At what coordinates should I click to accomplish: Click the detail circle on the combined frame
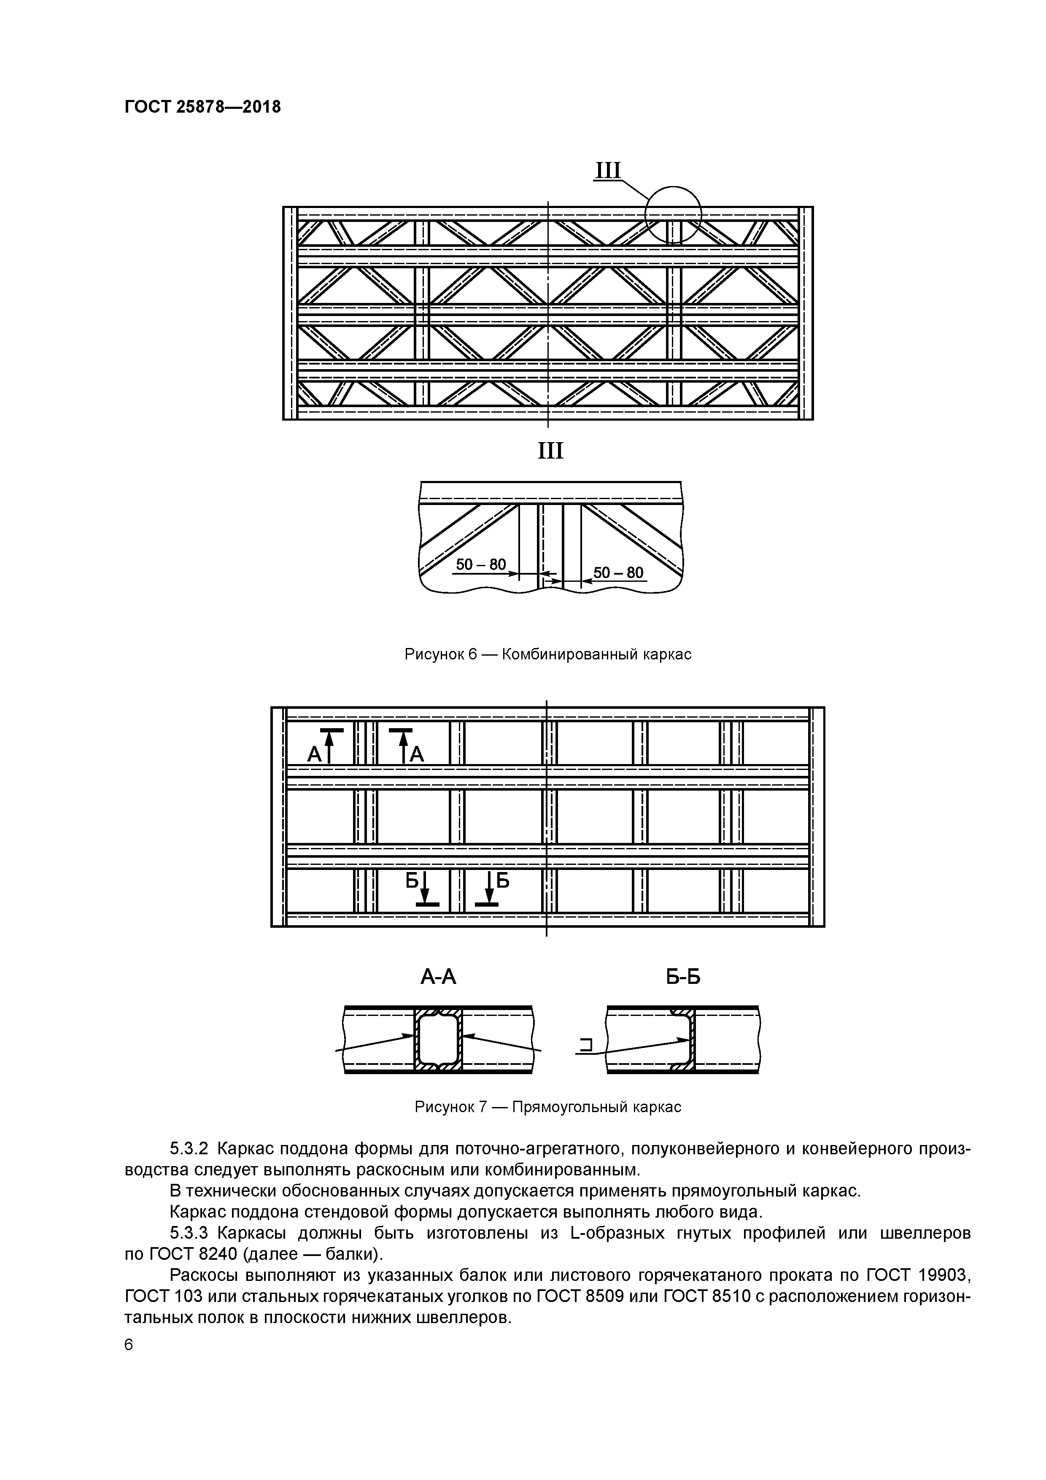(x=674, y=214)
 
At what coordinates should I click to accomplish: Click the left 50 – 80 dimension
(x=481, y=564)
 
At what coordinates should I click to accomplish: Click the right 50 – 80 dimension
(x=617, y=573)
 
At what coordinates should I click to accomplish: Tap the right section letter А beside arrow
(x=416, y=754)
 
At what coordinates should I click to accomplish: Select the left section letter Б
(x=412, y=880)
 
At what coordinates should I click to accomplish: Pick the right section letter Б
(x=503, y=880)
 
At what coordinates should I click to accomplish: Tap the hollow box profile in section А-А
(x=438, y=1039)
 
